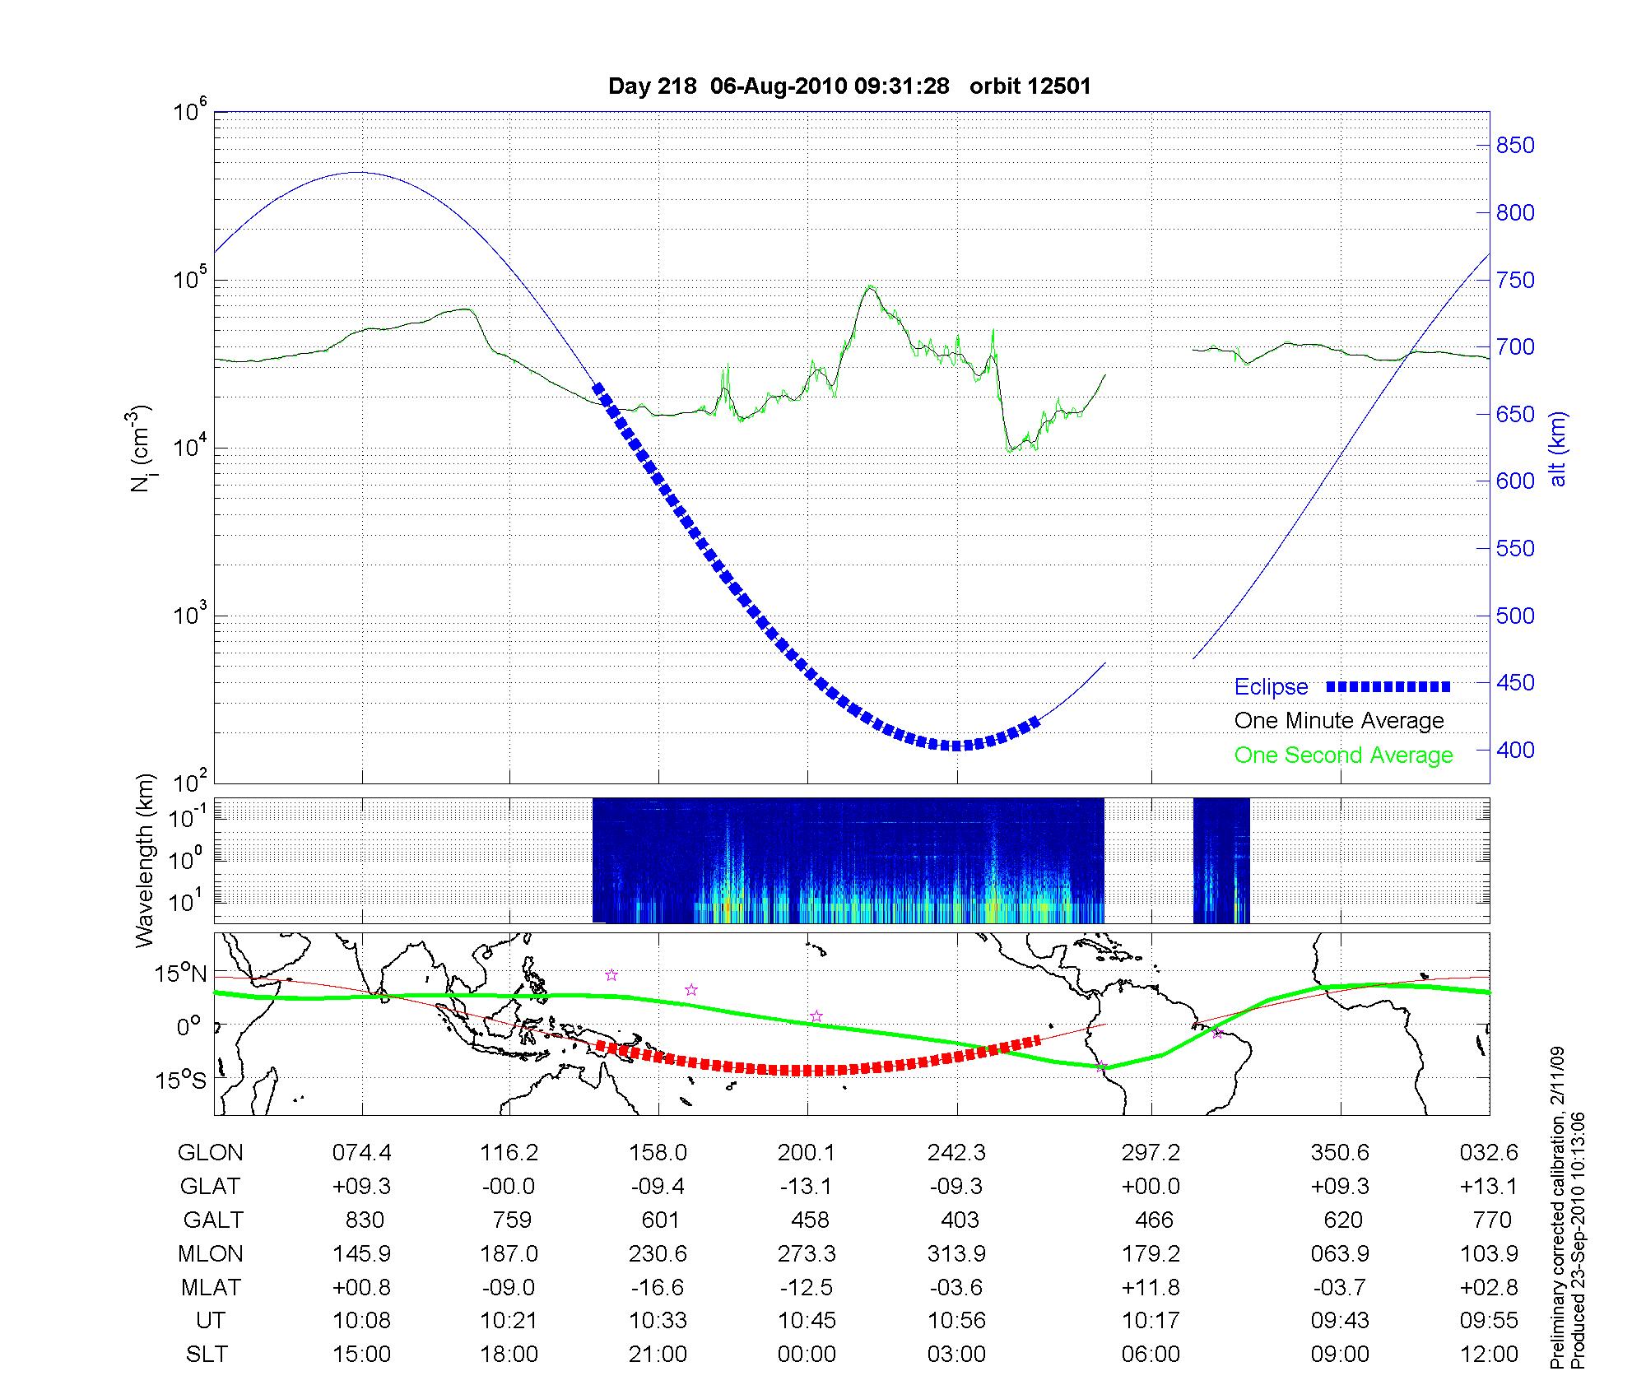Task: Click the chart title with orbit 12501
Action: coord(849,86)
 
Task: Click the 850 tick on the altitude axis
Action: coord(1514,146)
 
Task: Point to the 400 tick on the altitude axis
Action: coord(1514,750)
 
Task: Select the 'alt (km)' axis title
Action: coord(1558,449)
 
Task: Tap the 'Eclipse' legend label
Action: coord(1271,687)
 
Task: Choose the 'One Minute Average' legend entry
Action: coord(1339,721)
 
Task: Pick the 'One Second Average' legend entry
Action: coord(1343,755)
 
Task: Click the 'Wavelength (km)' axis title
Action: coord(145,860)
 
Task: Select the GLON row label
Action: coord(210,1153)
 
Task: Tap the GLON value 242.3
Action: coord(956,1153)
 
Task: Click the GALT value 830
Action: coord(362,1220)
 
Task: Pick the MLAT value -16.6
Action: coord(658,1287)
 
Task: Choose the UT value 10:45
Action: coord(807,1321)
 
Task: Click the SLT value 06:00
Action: coord(1151,1355)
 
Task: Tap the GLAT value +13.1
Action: coord(1489,1187)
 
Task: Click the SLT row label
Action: coord(207,1355)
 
